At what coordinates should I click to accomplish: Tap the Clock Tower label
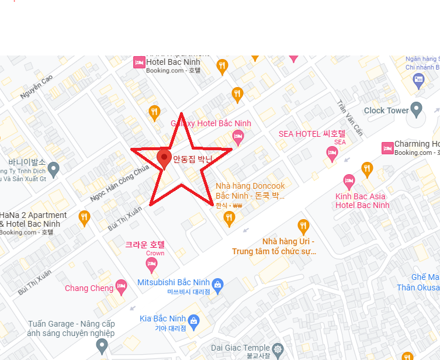386,110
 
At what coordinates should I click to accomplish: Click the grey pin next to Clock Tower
417,109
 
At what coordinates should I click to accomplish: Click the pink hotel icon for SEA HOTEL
332,153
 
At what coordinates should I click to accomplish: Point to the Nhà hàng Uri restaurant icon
303,226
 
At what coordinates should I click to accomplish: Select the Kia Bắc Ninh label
162,319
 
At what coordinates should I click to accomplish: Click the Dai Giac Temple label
240,348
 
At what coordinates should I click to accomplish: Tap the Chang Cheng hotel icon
122,286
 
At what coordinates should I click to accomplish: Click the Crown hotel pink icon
151,265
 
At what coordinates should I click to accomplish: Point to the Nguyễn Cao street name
36,86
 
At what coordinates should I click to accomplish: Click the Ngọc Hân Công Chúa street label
120,181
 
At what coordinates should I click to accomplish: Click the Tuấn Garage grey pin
102,345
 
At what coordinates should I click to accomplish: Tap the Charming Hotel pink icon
387,148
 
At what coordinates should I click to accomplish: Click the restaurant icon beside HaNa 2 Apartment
84,217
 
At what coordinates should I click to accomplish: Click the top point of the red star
181,113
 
